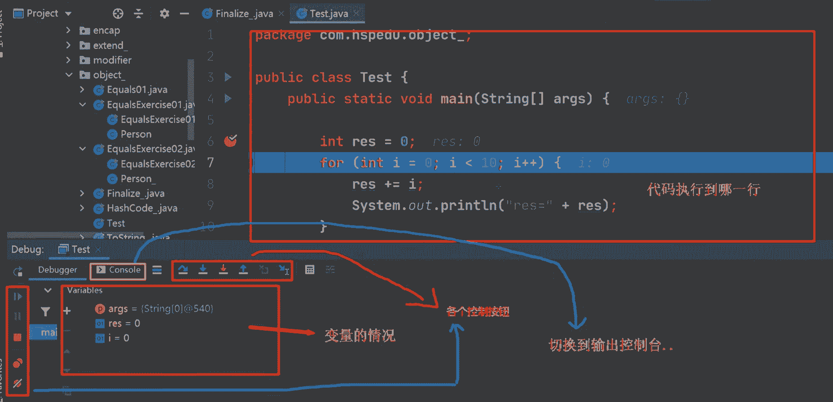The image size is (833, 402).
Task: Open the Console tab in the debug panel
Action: pos(118,270)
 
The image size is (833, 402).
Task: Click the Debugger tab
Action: pos(57,270)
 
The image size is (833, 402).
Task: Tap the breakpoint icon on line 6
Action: pos(230,141)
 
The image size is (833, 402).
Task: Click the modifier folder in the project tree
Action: pos(112,60)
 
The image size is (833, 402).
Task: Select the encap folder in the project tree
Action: pos(106,31)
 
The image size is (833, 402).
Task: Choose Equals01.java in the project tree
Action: pos(137,90)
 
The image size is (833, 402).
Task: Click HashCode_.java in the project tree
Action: pos(142,208)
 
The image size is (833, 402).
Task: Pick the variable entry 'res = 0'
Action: pos(124,323)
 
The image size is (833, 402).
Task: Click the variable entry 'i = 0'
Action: pos(118,338)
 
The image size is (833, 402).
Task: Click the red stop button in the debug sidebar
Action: pos(18,337)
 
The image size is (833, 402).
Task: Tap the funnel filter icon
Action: pos(45,311)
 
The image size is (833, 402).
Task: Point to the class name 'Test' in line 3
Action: pos(376,78)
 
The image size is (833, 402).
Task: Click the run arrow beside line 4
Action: pos(228,98)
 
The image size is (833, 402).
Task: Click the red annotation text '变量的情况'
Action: pos(360,336)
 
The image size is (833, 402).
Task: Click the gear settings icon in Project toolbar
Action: pos(164,14)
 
